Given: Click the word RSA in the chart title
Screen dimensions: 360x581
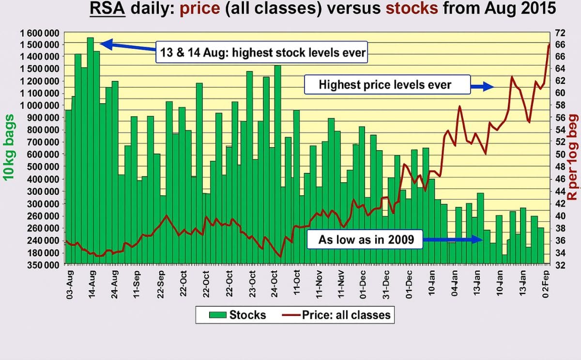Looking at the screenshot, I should pos(107,9).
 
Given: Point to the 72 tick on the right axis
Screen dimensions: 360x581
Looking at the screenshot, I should pos(560,33).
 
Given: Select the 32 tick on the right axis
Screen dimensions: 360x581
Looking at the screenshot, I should pos(560,266).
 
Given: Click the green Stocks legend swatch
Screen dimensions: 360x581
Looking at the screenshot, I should pos(218,315).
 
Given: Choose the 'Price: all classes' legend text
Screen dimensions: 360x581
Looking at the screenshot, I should pos(346,315).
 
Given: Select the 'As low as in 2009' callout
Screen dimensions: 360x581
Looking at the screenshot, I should pos(366,239).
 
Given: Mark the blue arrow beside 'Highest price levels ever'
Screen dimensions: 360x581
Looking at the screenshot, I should pos(482,86).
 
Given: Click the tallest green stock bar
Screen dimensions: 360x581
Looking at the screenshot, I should pos(90,145).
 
